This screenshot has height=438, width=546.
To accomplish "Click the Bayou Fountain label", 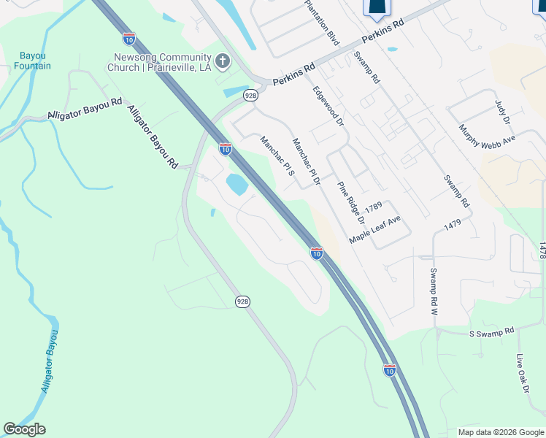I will click(x=32, y=61).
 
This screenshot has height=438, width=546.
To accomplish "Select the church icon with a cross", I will click(x=223, y=61).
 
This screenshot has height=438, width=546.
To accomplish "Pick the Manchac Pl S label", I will click(x=277, y=157).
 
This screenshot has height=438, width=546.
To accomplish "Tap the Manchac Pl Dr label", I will click(x=307, y=161).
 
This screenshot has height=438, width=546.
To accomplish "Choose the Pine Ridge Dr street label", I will click(x=350, y=204).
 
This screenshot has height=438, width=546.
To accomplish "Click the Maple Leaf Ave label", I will click(x=375, y=229).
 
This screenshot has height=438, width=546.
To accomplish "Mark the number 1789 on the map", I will click(x=374, y=207).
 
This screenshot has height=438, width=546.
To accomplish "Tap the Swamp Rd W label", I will click(x=433, y=291).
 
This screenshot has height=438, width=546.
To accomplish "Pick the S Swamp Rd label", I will click(x=491, y=332).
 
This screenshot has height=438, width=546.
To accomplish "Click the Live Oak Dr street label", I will click(x=521, y=374).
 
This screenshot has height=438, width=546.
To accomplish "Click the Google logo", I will click(x=24, y=429).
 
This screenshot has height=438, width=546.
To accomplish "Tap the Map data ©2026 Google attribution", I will click(x=501, y=432).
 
